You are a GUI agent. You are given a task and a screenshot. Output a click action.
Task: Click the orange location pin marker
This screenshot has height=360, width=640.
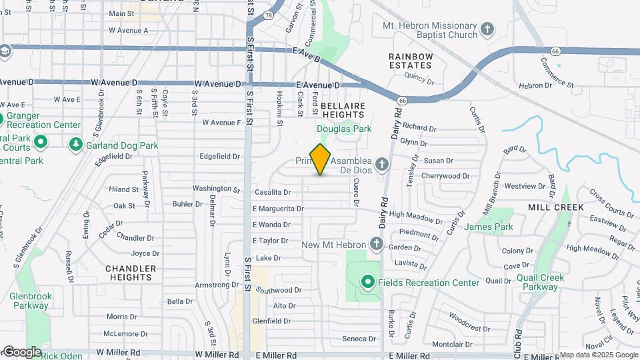(321, 159)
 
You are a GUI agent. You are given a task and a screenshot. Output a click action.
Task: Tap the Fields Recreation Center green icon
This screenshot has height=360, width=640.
(366, 283)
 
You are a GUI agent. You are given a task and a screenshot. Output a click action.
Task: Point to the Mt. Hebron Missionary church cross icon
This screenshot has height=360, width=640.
(487, 29)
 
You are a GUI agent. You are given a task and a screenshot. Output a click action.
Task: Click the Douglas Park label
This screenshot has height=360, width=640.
(344, 129)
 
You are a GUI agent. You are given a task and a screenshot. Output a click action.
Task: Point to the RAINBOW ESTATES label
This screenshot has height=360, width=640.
(411, 61)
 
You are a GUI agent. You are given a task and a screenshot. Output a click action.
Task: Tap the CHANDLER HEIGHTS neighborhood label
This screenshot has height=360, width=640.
(131, 273)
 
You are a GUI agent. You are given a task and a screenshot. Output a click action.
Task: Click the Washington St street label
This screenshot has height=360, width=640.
(215, 189)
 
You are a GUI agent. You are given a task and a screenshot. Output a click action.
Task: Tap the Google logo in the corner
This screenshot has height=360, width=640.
(22, 351)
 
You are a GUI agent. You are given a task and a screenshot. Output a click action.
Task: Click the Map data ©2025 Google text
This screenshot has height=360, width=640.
(598, 355)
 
